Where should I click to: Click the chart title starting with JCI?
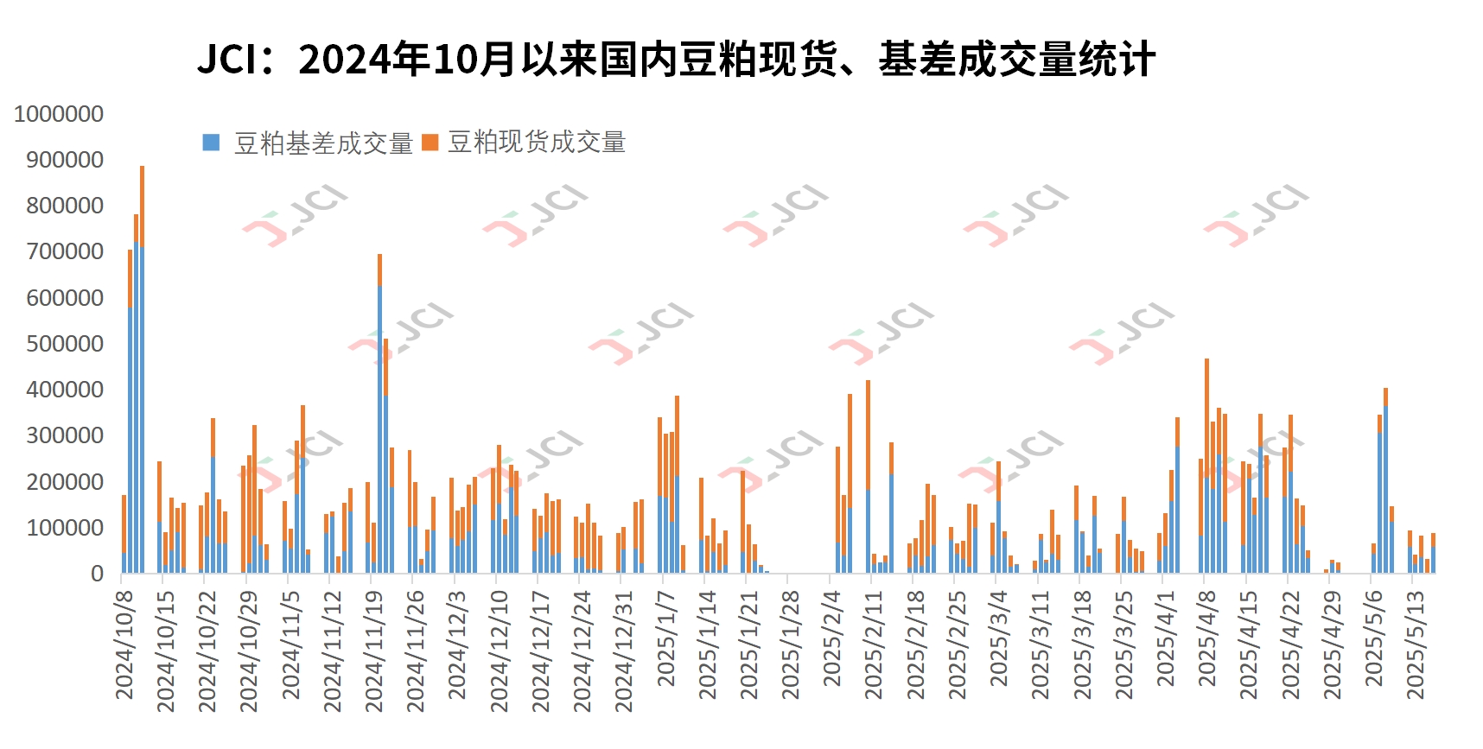coord(676,60)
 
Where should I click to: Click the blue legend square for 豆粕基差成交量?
coord(211,143)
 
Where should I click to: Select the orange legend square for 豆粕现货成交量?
coord(430,143)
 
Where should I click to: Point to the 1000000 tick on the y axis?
coord(59,114)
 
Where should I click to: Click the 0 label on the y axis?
coord(97,574)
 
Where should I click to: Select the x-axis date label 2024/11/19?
coord(374,651)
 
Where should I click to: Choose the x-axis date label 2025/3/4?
coord(999,639)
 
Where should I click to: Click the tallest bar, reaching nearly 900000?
coord(142,371)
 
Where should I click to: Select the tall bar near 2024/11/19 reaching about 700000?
coord(379,415)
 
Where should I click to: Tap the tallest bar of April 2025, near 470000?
coord(1206,467)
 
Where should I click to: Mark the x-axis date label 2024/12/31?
coord(624,651)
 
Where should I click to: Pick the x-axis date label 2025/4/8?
coord(1207,639)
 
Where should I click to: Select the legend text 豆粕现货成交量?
coord(537,143)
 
